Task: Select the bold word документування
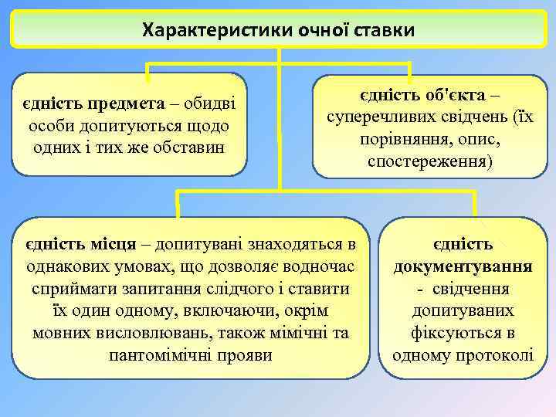pyautogui.click(x=463, y=266)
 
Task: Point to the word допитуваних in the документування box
pyautogui.click(x=463, y=311)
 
